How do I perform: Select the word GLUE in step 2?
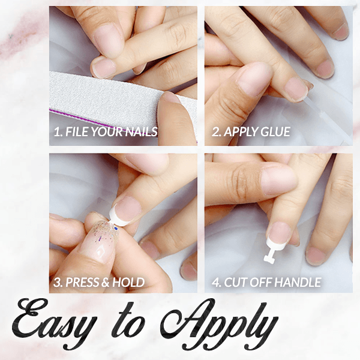click(277, 132)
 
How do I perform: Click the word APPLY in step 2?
click(241, 132)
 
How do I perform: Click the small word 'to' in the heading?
click(135, 327)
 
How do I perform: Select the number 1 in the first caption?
click(56, 132)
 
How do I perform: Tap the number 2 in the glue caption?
click(215, 132)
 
